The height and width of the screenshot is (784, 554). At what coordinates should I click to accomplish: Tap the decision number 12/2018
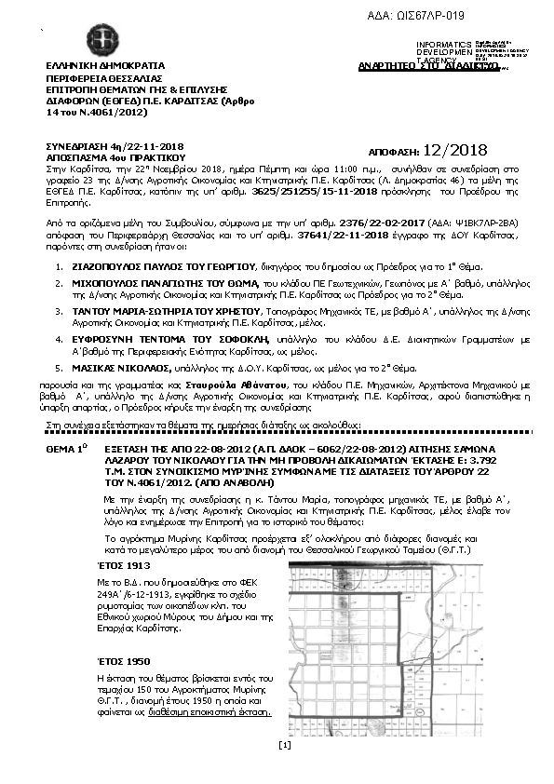click(455, 150)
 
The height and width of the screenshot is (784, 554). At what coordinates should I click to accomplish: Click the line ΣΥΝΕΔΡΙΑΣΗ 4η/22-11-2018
click(115, 147)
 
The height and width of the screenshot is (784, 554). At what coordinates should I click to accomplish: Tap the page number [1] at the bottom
click(285, 744)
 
